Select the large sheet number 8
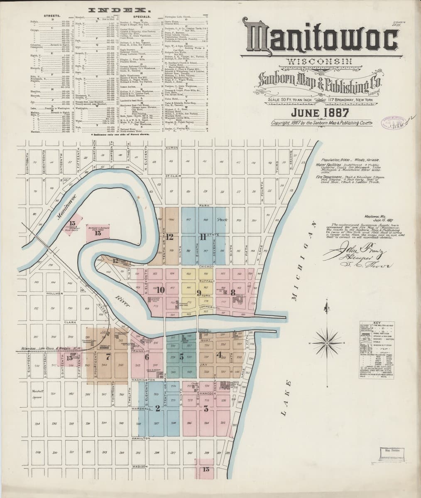point(233,292)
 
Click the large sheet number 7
point(108,356)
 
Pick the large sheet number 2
point(157,408)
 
